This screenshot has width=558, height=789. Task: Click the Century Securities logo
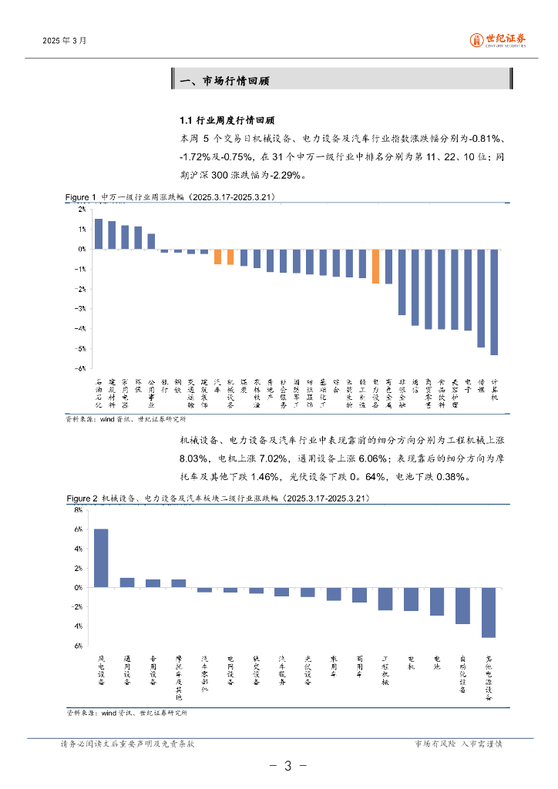(498, 39)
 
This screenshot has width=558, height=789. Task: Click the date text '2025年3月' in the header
(65, 40)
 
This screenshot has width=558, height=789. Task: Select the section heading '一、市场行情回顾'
(224, 81)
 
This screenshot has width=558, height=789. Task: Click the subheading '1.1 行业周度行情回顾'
(227, 121)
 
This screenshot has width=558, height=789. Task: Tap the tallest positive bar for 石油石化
(99, 233)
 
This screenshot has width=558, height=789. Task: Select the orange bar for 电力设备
(375, 267)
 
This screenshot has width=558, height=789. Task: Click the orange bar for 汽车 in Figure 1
(217, 257)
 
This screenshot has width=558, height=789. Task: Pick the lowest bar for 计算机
(494, 302)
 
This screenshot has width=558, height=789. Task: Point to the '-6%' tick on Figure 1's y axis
(80, 368)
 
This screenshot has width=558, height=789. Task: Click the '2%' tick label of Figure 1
(82, 209)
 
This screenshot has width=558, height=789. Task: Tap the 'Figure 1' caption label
(81, 198)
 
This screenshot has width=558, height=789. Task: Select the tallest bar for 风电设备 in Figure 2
(101, 558)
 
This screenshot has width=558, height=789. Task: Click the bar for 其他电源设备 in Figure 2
(489, 613)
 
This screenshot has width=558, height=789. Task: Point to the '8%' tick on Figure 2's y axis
(79, 510)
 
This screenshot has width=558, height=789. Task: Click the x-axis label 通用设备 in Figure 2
(127, 670)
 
